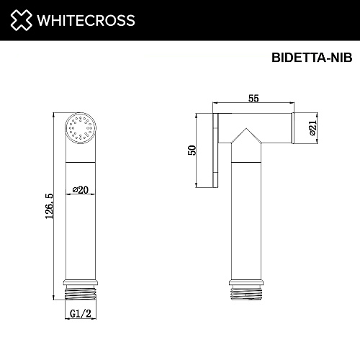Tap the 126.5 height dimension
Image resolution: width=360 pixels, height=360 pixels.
click(x=48, y=205)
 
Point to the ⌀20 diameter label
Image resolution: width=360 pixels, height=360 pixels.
click(x=81, y=190)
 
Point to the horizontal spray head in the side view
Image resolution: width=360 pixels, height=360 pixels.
click(x=263, y=127)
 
